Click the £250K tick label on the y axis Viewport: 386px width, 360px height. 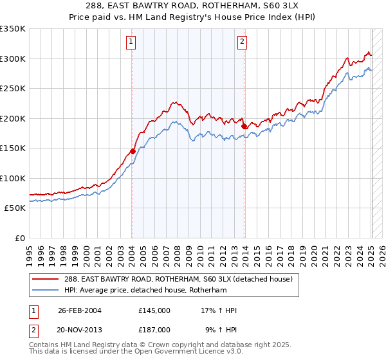click(x=13, y=89)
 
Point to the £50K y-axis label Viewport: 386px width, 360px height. click(x=15, y=208)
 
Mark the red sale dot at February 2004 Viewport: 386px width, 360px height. click(x=133, y=152)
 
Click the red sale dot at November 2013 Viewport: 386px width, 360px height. click(x=244, y=127)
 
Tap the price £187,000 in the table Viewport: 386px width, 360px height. click(x=154, y=329)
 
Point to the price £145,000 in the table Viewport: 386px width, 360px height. click(x=154, y=310)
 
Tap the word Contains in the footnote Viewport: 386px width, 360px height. click(x=44, y=345)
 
